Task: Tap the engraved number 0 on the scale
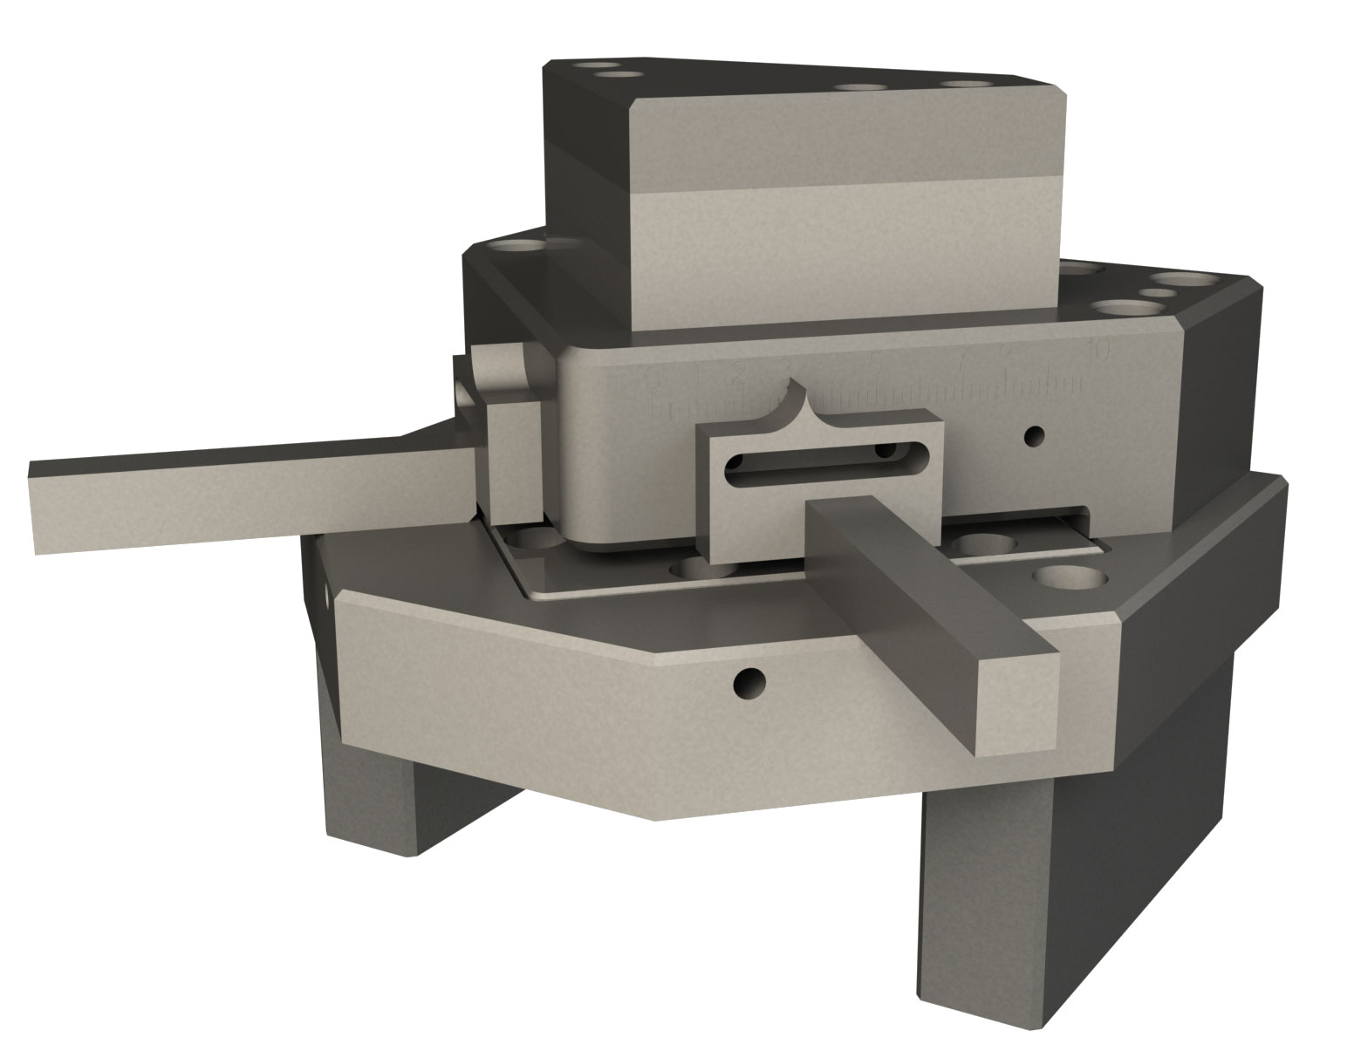pos(652,376)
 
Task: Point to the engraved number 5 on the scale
pos(875,365)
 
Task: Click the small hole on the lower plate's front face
pos(749,683)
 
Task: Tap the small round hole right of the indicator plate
pos(1035,433)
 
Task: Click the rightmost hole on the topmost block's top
pos(968,85)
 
